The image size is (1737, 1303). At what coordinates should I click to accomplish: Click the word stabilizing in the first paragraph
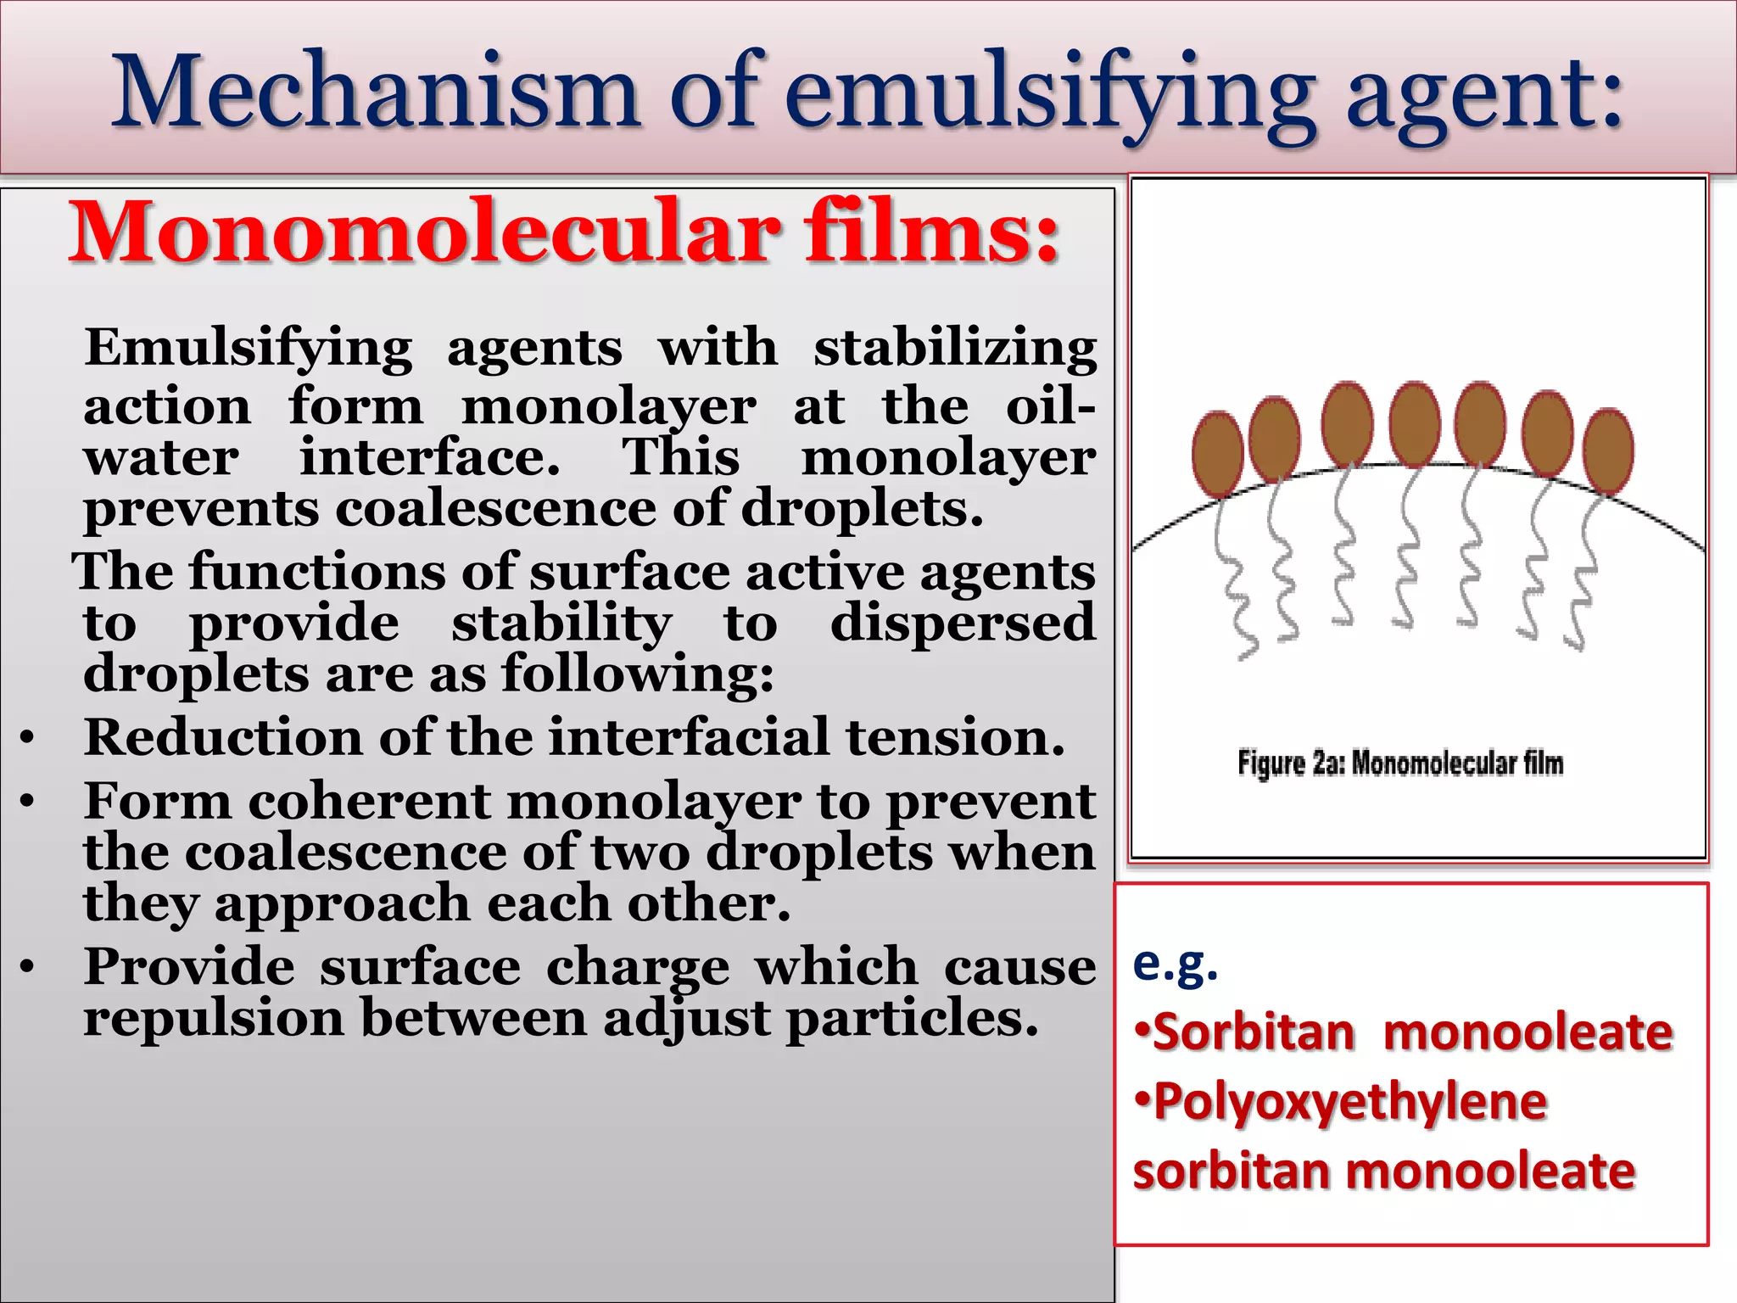point(955,348)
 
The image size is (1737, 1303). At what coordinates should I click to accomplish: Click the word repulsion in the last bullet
point(213,1018)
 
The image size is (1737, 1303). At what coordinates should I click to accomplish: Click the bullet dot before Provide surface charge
point(28,967)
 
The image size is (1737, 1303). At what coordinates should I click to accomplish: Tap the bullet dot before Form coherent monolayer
point(28,801)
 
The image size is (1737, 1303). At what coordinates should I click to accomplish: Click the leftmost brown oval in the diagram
point(1217,453)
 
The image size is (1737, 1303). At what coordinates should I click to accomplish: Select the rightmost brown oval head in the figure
point(1608,451)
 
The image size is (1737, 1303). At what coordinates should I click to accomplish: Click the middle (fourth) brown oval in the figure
point(1414,424)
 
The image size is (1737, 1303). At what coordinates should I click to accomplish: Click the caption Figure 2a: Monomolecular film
point(1400,763)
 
